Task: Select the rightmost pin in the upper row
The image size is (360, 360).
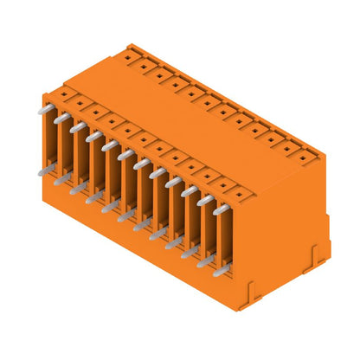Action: pos(221,209)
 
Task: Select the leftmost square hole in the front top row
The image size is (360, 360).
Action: pos(65,93)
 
